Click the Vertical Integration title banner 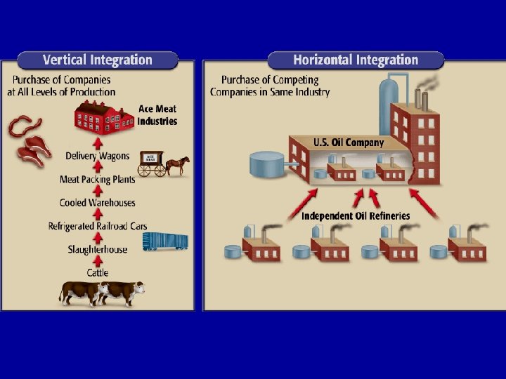97,60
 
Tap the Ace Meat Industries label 157,115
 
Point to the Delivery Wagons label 98,156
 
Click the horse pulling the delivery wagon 179,166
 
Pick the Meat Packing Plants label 98,180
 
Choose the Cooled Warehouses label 98,203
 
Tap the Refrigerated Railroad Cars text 98,226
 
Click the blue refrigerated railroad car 165,242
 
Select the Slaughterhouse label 98,249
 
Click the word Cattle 98,272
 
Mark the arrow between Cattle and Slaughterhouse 98,261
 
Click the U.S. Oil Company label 349,142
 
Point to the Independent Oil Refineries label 356,215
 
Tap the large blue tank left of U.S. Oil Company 268,166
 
